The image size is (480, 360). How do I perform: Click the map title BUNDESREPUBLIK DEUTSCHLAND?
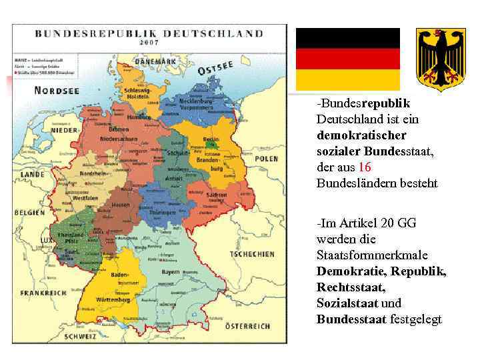point(148,33)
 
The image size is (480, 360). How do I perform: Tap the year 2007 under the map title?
point(149,42)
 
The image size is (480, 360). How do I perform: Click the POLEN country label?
point(267,159)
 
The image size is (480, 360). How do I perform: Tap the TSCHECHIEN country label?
point(252,254)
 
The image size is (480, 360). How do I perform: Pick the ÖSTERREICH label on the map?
point(247,325)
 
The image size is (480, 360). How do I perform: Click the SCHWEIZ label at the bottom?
point(80,337)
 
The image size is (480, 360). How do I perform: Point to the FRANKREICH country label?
point(43,293)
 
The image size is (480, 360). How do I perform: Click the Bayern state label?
point(171,273)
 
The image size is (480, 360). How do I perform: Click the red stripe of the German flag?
point(348,59)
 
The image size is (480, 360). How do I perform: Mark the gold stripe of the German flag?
point(348,79)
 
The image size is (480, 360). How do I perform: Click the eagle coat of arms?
point(441,59)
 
